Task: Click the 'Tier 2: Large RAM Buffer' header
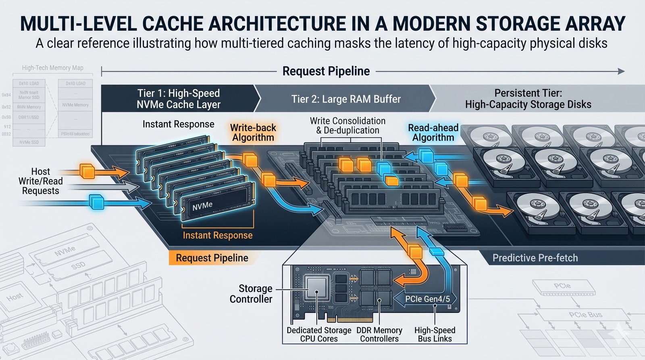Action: click(x=346, y=99)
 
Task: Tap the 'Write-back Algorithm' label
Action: click(x=253, y=133)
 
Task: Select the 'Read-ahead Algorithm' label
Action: click(x=433, y=133)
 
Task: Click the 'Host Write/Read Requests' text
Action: click(x=40, y=181)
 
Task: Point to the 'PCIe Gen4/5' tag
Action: click(x=427, y=299)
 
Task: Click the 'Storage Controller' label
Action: click(x=251, y=294)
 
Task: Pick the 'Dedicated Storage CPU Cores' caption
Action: click(x=319, y=335)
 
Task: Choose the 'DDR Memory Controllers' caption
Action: click(x=379, y=335)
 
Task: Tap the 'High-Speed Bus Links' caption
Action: click(x=435, y=335)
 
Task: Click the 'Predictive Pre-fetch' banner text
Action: click(x=535, y=258)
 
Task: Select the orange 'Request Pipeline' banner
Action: click(x=212, y=258)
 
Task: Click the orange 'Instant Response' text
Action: click(x=218, y=235)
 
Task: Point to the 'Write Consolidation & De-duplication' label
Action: click(x=347, y=126)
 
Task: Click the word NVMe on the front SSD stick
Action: click(x=202, y=206)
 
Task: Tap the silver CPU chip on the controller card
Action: click(x=316, y=287)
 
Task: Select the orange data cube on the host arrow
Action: click(x=87, y=171)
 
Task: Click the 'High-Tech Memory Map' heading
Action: click(x=52, y=68)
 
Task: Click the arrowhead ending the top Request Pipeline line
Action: click(x=621, y=71)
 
